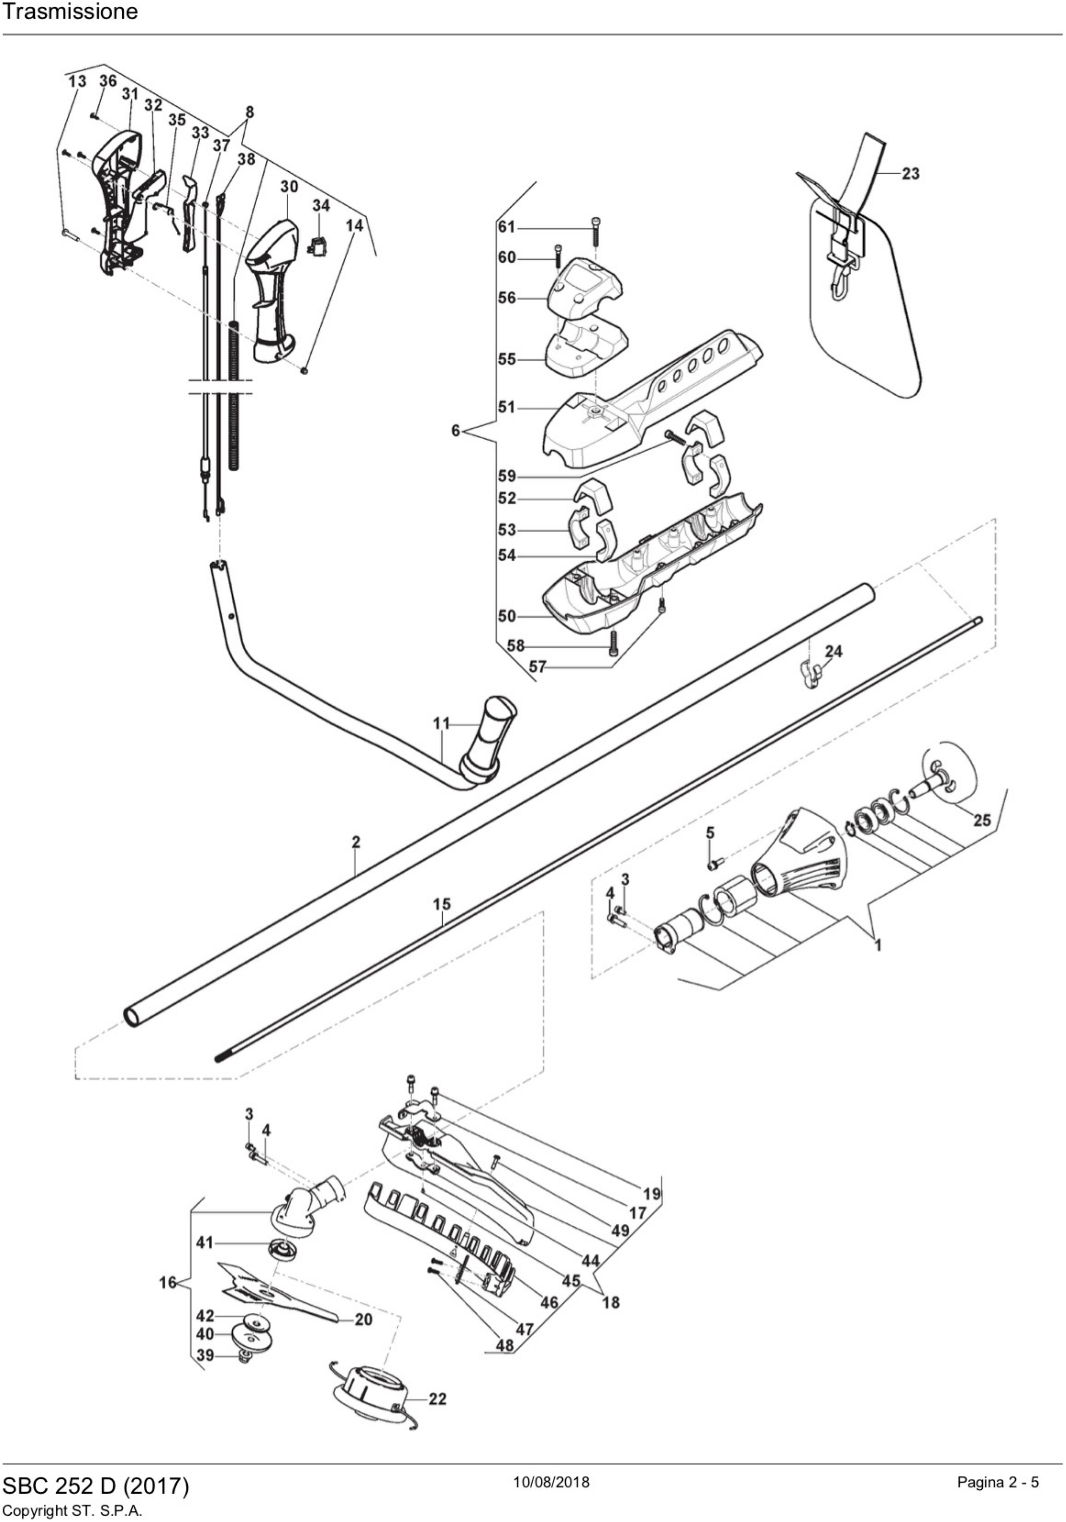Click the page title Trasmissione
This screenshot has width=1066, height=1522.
70,12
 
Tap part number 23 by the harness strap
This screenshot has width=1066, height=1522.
910,174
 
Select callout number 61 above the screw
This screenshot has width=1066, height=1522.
507,227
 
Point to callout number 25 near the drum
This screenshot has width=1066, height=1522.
981,820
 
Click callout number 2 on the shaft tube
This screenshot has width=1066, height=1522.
356,842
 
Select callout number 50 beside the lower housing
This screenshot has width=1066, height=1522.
507,616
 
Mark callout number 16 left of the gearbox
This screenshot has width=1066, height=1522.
168,1283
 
